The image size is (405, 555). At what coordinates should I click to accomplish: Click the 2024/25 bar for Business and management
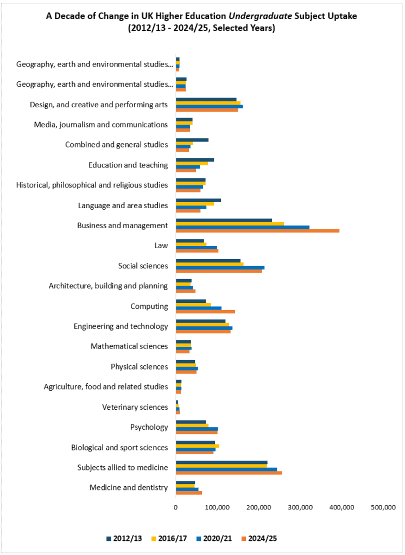[257, 231]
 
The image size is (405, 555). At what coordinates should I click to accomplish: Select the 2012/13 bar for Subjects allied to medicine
[222, 462]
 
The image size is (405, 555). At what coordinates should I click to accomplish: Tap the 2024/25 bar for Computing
[205, 312]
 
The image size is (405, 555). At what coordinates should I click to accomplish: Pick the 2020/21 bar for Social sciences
[220, 268]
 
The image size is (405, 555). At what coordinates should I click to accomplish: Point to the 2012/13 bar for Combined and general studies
[192, 140]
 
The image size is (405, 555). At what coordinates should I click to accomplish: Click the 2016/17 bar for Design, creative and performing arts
[208, 103]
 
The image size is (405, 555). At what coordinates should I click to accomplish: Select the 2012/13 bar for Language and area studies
[198, 200]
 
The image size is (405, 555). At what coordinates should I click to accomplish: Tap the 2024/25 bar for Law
[197, 251]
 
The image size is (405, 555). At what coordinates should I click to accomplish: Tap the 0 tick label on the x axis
[176, 507]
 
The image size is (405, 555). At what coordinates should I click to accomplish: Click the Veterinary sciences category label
[135, 407]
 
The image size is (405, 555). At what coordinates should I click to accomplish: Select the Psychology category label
[149, 427]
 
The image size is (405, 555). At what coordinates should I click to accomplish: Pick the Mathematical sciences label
[129, 346]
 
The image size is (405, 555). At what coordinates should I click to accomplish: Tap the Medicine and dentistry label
[129, 488]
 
